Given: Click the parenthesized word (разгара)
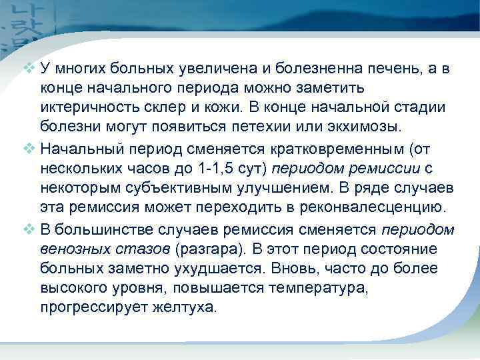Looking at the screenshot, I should tap(207, 250).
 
